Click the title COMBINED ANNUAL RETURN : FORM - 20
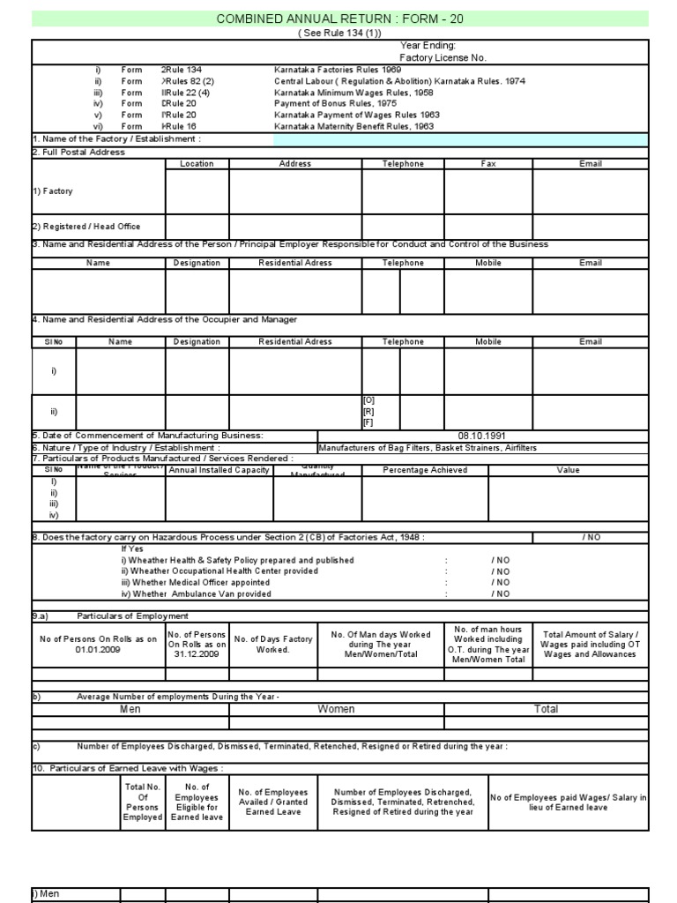coord(339,19)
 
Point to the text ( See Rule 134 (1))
coord(339,33)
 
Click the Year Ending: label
coord(428,45)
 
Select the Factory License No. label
coord(443,57)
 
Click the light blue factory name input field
coord(460,138)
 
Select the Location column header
coord(197,163)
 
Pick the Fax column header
coord(487,163)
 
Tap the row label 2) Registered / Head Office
coord(87,227)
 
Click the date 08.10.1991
coord(481,436)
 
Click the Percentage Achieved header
coord(425,470)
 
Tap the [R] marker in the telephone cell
coord(368,411)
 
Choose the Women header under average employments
coord(336,709)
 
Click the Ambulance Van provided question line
coord(190,593)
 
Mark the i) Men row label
coord(47,893)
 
